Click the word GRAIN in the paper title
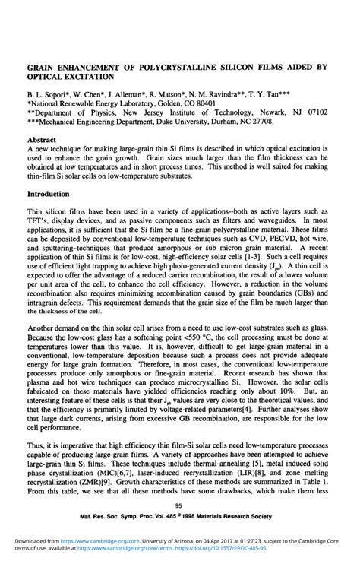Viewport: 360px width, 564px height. pos(43,67)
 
